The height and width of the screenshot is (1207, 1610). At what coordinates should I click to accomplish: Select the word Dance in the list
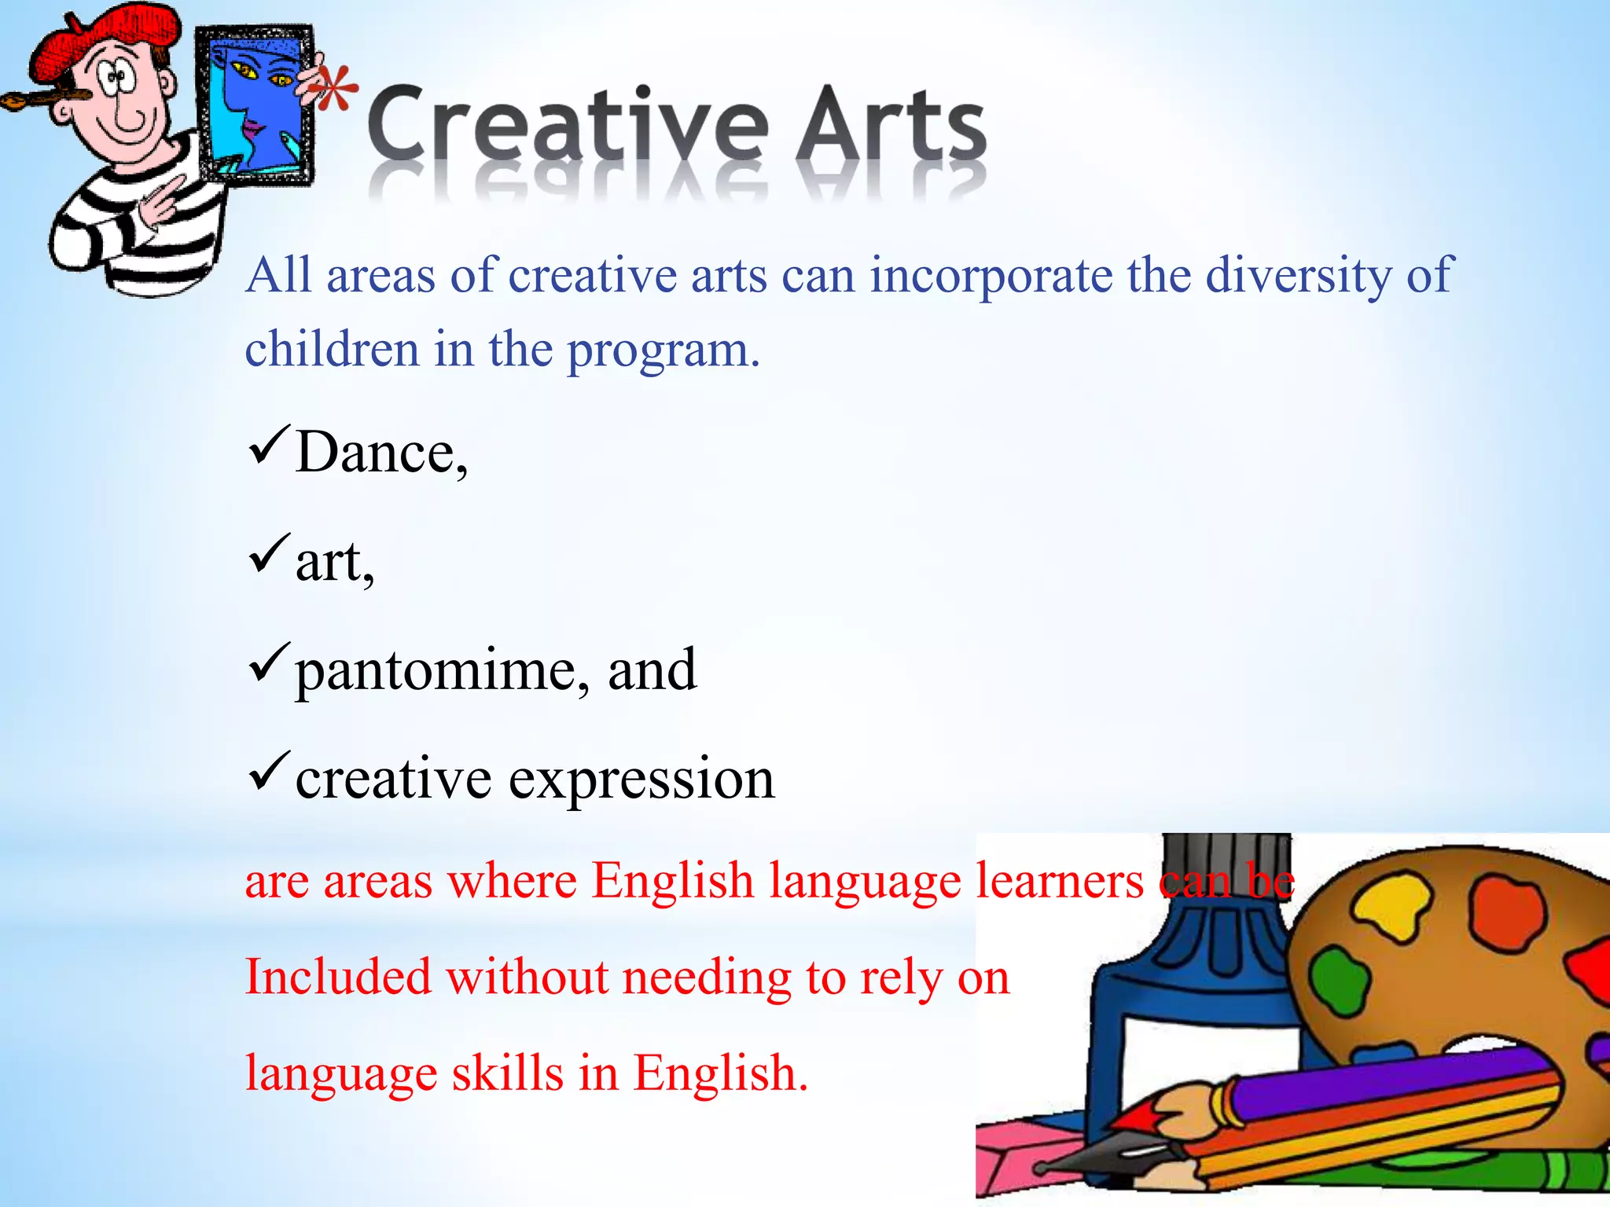coord(382,453)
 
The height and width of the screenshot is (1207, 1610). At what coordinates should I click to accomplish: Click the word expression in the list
coord(641,780)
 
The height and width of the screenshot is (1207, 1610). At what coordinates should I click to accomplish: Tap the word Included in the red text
coord(338,978)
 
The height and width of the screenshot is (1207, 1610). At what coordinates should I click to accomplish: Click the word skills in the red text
coord(507,1073)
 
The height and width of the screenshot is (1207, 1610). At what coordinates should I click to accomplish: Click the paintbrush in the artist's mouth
coord(39,100)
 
